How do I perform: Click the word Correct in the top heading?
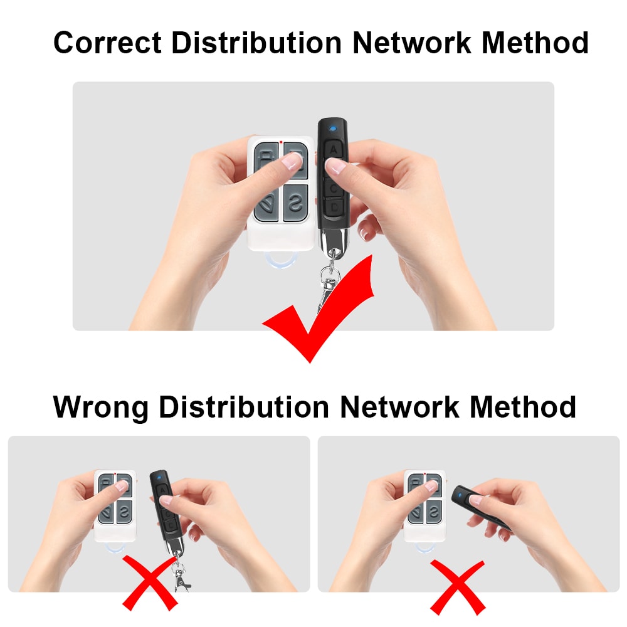pyautogui.click(x=107, y=44)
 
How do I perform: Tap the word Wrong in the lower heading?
pyautogui.click(x=100, y=407)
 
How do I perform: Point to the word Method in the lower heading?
pyautogui.click(x=523, y=407)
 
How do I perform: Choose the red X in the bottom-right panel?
pyautogui.click(x=458, y=586)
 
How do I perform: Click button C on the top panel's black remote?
pyautogui.click(x=334, y=187)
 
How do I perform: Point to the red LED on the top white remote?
pyautogui.click(x=281, y=142)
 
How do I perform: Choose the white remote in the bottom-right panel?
pyautogui.click(x=424, y=505)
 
